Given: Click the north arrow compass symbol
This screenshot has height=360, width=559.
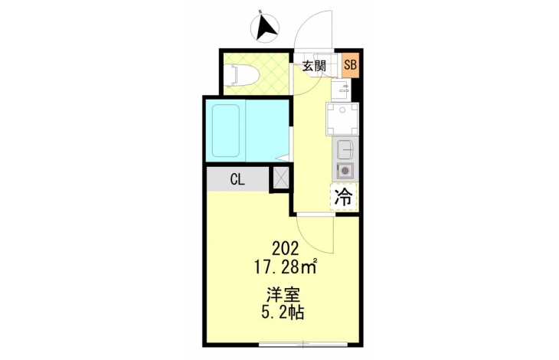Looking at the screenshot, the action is (265, 28).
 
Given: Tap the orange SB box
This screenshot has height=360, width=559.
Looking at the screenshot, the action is (350, 65).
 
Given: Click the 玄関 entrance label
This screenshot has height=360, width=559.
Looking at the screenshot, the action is (314, 66).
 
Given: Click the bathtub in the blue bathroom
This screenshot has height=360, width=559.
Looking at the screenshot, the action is (226, 130).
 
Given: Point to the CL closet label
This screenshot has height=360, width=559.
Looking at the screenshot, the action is (237, 180).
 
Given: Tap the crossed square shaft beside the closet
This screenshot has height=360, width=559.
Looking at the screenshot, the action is (281, 178).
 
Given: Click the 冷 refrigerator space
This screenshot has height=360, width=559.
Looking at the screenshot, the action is (344, 197).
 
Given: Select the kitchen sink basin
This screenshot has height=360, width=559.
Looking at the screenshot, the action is (345, 151).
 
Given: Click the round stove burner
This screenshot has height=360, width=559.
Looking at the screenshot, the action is (345, 171).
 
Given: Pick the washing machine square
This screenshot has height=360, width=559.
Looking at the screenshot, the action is (342, 119).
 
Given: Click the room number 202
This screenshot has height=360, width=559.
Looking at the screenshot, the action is (285, 249).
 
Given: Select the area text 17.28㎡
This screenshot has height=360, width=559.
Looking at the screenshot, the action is (286, 267).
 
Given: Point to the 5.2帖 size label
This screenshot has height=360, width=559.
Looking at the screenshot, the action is (283, 313).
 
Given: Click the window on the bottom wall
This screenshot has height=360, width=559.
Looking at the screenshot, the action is (303, 344).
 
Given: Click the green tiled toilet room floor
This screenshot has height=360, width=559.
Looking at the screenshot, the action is (256, 74).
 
